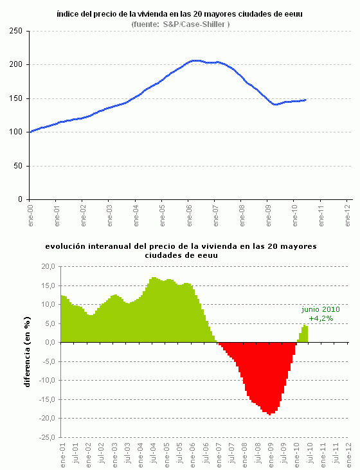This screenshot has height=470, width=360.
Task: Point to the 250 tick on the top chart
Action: pyautogui.click(x=17, y=31)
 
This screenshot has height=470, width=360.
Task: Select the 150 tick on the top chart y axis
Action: pyautogui.click(x=17, y=98)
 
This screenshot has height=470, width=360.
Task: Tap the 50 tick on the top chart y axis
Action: pyautogui.click(x=19, y=166)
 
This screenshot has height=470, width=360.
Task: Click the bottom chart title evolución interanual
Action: pyautogui.click(x=181, y=250)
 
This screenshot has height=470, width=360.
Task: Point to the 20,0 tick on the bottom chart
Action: pyautogui.click(x=47, y=266)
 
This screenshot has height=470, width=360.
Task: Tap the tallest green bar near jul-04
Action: pyautogui.click(x=154, y=278)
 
